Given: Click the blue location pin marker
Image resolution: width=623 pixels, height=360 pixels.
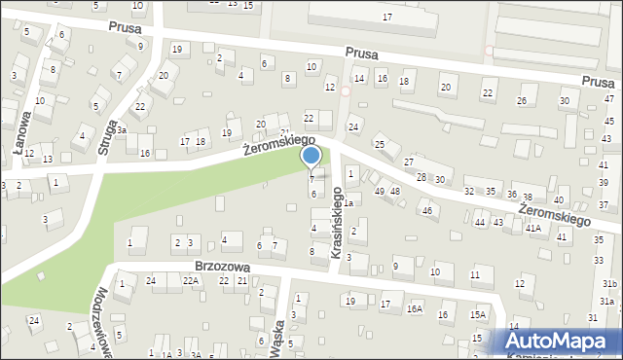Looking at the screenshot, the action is [311, 156].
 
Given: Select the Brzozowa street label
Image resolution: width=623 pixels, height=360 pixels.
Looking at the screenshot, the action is [222, 266].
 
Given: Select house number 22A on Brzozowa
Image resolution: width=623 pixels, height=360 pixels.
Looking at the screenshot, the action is [191, 281].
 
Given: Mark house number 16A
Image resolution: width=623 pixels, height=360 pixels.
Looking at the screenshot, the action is [415, 309].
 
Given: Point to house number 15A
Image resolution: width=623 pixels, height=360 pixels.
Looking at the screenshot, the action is [477, 315].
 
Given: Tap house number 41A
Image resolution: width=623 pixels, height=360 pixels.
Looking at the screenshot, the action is [533, 228].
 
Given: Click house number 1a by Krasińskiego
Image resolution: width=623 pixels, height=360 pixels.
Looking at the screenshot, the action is [347, 202].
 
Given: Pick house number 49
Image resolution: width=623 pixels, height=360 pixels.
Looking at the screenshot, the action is [380, 191].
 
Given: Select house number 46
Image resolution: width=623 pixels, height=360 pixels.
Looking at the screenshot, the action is [426, 210].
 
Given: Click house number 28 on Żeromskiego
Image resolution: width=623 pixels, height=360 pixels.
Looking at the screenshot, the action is [421, 176].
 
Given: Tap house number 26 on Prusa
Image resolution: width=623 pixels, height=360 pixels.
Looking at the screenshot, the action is [522, 101].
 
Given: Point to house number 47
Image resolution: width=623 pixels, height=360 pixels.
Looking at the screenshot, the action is [609, 99].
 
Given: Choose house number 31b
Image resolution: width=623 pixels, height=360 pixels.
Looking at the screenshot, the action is [609, 283].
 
